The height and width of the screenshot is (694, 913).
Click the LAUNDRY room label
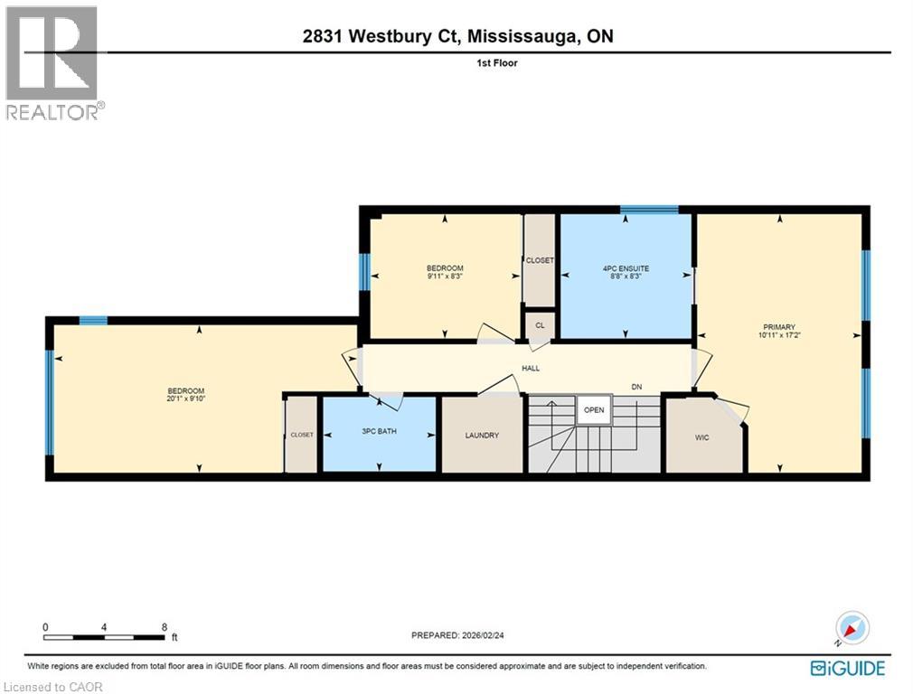482,436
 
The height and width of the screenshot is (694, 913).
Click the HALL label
531,369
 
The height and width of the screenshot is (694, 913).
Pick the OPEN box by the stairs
594,409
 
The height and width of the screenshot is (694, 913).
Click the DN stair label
636,387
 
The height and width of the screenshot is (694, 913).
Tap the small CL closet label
540,324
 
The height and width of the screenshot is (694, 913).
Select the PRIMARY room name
778,327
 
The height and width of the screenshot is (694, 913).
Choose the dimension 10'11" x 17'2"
778,335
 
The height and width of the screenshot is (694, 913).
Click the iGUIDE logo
848,669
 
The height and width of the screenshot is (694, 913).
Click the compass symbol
852,627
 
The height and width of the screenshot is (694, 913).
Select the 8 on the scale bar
164,627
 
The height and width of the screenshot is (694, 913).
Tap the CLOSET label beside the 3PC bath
302,435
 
